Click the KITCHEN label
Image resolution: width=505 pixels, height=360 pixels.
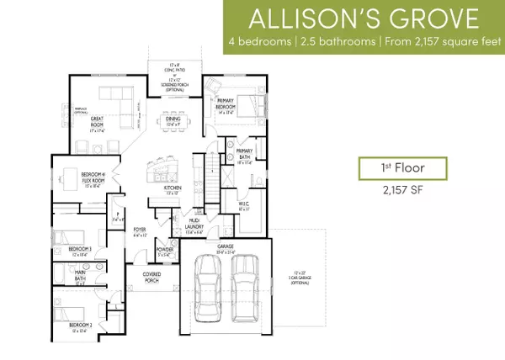172,189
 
